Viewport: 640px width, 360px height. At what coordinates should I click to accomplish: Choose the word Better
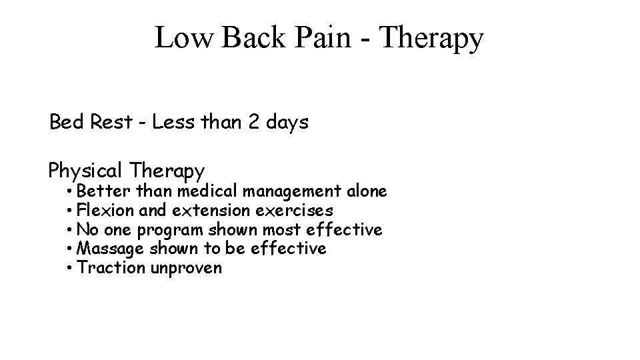(104, 191)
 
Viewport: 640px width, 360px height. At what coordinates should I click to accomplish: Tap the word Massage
(110, 249)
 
